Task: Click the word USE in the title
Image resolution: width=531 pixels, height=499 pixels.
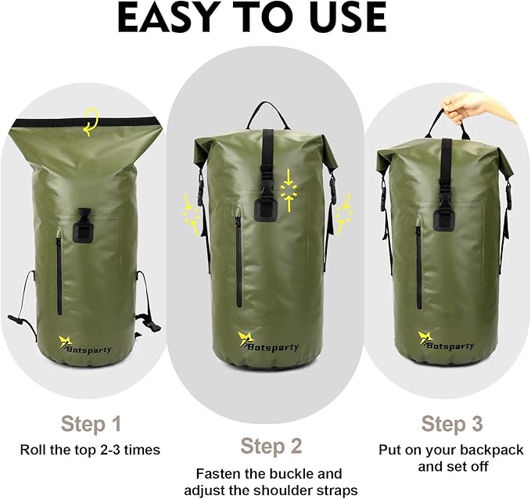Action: coord(343,18)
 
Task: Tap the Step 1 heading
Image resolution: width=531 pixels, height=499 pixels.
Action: coord(91,425)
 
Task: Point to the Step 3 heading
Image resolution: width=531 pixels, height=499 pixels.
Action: coord(453,425)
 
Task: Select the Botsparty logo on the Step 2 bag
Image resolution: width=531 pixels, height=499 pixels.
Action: coord(267,342)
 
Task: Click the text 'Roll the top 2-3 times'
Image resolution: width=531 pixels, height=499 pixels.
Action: coord(90,450)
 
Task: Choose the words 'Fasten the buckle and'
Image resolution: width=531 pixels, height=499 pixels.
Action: coord(269,473)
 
